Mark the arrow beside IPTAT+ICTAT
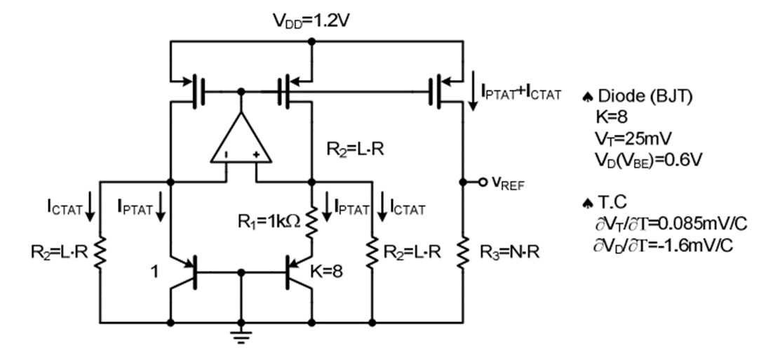[474, 97]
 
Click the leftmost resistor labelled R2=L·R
[100, 253]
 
